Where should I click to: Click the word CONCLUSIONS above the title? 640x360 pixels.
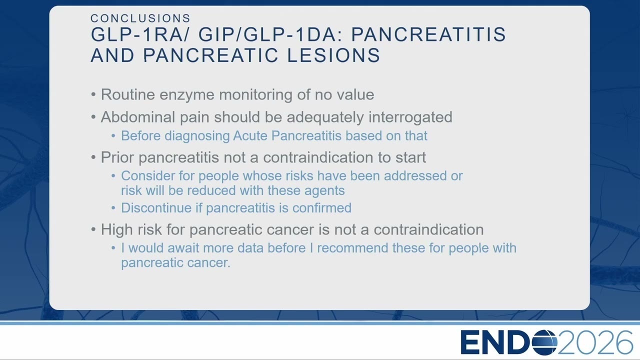point(140,18)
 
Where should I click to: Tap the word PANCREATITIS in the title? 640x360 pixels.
point(428,34)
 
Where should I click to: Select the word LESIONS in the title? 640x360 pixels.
point(333,55)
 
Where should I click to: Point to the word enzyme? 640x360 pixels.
point(187,95)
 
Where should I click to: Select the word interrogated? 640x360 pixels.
point(410,117)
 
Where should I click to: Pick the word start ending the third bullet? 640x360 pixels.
point(410,157)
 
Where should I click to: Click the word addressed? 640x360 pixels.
point(415,175)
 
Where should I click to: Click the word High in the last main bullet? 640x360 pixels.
point(117,229)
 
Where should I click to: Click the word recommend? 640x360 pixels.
point(352,248)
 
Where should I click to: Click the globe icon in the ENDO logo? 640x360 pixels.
point(544,342)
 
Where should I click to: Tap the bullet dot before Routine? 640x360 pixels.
point(93,94)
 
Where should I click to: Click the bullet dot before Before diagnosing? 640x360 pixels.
point(113,136)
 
